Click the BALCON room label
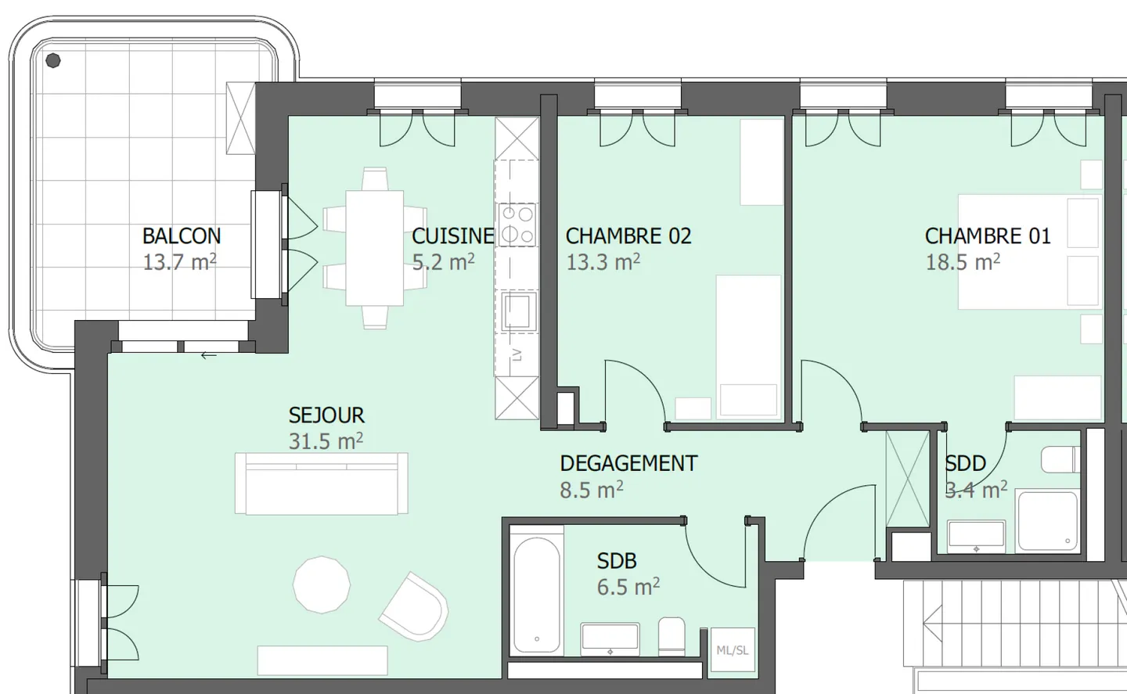[x=181, y=236]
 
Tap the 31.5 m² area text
[x=325, y=441]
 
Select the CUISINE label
[x=452, y=236]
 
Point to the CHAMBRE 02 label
[x=628, y=236]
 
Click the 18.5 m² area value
[x=962, y=262]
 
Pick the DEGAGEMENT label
[x=628, y=463]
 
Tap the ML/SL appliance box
[x=732, y=650]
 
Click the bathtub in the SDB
[x=536, y=595]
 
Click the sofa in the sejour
[x=322, y=484]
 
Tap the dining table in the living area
[x=374, y=247]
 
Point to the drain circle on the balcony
[x=52, y=60]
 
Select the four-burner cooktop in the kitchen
[x=517, y=225]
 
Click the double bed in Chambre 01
[x=1028, y=251]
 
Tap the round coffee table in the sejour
[x=322, y=584]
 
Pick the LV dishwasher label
[x=517, y=354]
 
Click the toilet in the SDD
[x=1060, y=460]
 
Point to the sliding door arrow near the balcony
[x=208, y=356]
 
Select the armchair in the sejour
[x=414, y=605]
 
